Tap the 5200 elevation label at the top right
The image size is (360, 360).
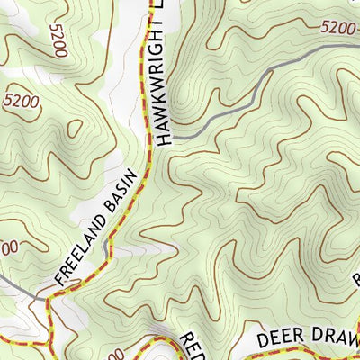click(338, 29)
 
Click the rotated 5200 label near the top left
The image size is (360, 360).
click(59, 40)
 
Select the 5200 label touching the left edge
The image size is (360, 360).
click(20, 102)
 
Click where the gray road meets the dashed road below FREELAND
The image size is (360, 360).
click(40, 297)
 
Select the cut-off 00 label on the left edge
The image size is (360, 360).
click(7, 246)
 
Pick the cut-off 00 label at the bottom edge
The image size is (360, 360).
click(117, 355)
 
